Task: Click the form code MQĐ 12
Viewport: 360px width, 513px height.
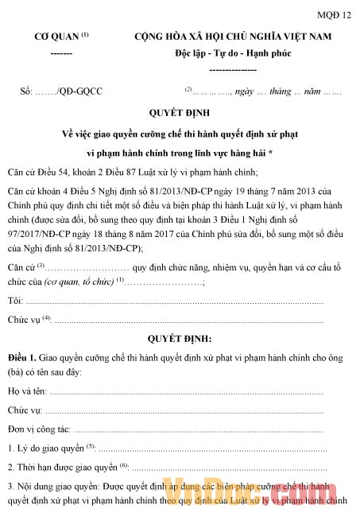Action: [x=334, y=14]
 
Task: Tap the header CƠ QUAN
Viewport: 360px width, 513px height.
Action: [x=56, y=37]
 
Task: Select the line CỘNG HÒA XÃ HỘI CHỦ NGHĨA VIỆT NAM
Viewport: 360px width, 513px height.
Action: [x=233, y=37]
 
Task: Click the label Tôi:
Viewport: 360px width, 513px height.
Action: [x=14, y=278]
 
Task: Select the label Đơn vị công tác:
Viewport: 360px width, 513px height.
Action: [x=39, y=428]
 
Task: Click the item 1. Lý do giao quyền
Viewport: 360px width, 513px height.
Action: [x=47, y=448]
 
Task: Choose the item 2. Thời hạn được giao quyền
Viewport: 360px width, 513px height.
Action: [x=63, y=466]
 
